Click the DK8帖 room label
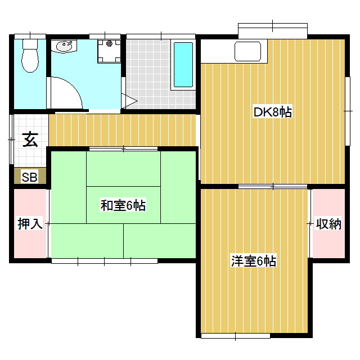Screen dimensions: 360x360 [x=272, y=112]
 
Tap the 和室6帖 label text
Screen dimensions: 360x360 [x=123, y=205]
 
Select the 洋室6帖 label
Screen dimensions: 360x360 [x=253, y=261]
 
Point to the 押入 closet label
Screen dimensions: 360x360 [x=30, y=223]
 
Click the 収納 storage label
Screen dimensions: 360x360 [x=328, y=223]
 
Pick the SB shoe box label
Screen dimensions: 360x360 [x=29, y=177]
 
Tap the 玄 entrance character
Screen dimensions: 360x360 [x=30, y=139]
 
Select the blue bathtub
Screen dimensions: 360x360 [x=183, y=65]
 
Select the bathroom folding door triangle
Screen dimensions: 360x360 [x=129, y=102]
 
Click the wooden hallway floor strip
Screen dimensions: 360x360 [x=124, y=130]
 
